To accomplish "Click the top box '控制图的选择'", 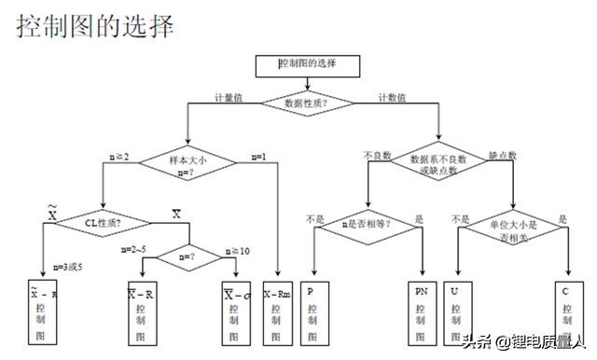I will point(307,64).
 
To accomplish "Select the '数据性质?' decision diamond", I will point(307,102).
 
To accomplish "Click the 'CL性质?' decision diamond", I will point(102,222).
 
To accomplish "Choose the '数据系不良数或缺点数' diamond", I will point(437,165).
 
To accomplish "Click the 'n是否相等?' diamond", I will point(367,223).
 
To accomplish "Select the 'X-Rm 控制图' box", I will point(278,312).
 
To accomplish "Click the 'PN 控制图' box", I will point(421,312).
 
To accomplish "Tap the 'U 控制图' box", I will point(453,312).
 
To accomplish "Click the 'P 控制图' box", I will point(311,312).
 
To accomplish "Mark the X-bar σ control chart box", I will point(236,312).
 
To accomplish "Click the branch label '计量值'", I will point(229,97).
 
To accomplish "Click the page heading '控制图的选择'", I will point(95,26).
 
